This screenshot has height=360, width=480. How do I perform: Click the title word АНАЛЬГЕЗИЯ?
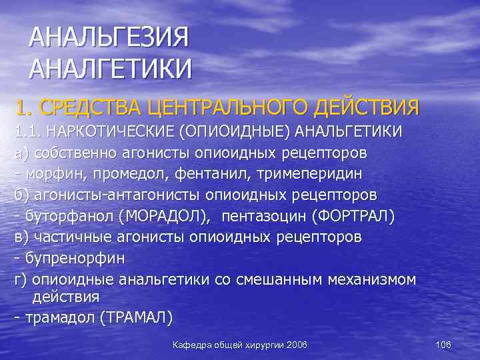click(109, 37)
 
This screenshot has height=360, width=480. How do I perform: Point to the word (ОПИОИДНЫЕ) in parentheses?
click(242, 131)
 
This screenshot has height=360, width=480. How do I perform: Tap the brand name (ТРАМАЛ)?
click(135, 318)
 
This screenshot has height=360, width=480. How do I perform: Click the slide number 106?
click(443, 345)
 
